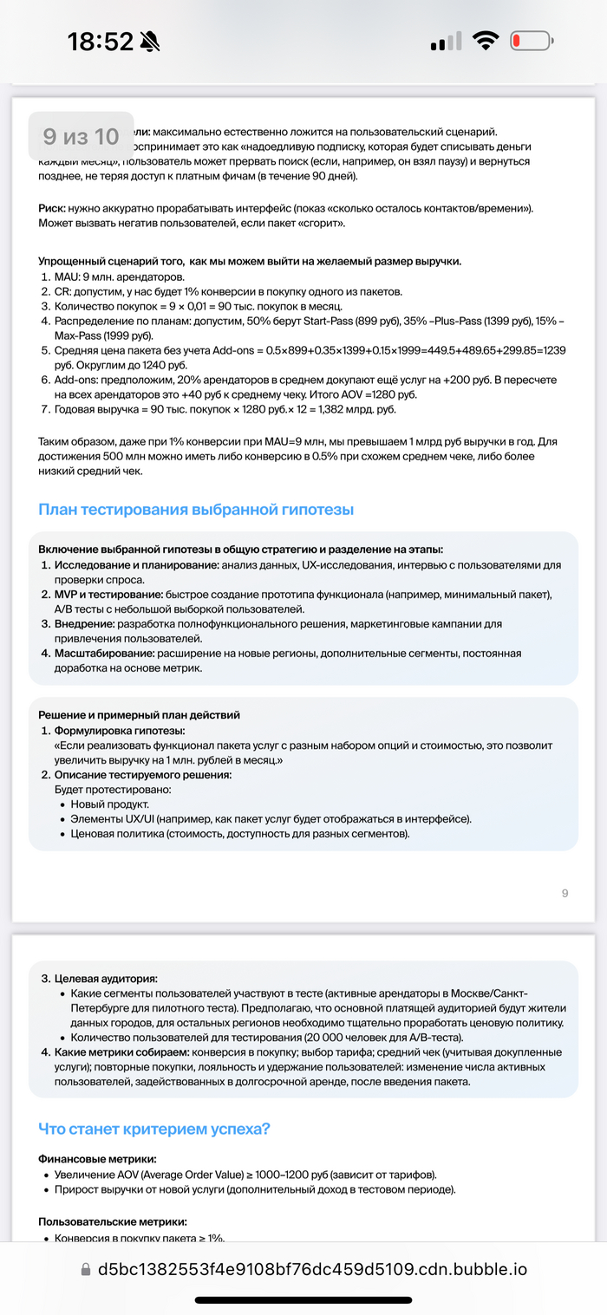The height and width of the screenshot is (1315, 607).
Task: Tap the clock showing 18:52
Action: point(100,41)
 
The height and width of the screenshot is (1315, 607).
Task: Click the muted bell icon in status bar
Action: point(150,41)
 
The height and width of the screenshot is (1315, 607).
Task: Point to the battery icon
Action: point(532,41)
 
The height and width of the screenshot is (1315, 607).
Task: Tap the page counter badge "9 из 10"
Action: point(81,136)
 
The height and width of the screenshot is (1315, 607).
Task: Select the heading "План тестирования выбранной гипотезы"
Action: point(196,509)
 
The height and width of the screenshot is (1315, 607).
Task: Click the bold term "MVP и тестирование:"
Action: point(110,594)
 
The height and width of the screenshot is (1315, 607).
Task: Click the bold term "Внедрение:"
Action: point(86,623)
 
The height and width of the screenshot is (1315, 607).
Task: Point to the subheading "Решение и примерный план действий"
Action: point(139,714)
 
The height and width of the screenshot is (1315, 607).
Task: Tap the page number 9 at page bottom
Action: point(565,893)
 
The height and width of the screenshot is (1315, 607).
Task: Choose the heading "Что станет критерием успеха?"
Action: point(154,1129)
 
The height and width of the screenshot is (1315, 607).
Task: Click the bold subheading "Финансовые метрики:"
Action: point(98,1158)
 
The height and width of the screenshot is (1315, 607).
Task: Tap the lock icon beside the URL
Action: point(85,1270)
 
